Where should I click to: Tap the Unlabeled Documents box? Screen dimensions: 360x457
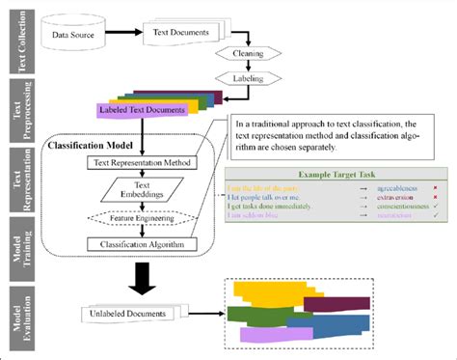tap(124, 314)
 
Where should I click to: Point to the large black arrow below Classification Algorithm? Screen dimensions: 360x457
tap(143, 280)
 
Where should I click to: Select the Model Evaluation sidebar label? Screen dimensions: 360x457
tap(15, 315)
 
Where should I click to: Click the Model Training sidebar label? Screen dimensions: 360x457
tap(15, 244)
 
